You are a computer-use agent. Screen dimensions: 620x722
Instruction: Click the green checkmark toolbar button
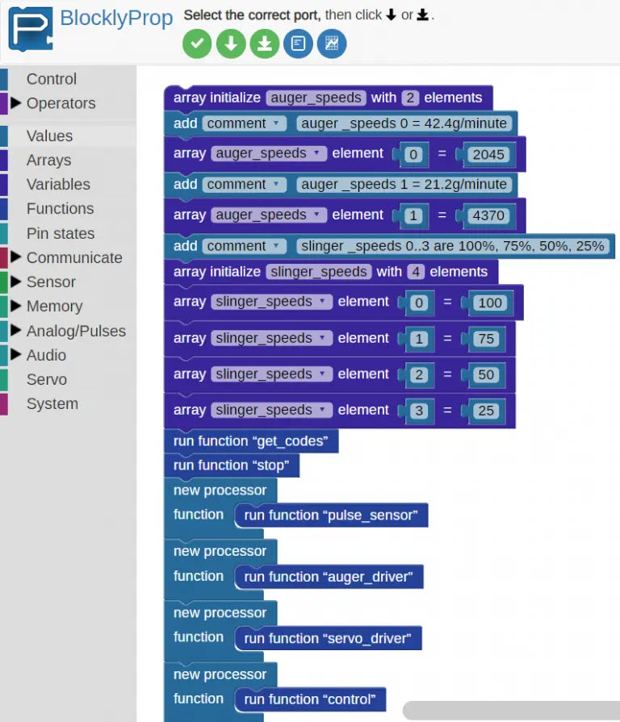tap(197, 44)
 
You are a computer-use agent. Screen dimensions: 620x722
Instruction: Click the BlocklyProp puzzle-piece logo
tap(31, 28)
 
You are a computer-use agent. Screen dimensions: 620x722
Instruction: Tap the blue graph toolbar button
tap(332, 44)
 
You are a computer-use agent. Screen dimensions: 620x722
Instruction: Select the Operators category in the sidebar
tap(61, 103)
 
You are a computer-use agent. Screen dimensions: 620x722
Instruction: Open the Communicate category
tap(74, 257)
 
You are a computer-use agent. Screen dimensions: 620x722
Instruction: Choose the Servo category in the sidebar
tap(47, 379)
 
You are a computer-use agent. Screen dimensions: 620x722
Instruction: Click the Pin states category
tap(61, 233)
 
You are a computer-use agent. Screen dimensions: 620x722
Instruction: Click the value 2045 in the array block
tap(488, 154)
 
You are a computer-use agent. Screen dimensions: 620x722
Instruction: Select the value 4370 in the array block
tap(488, 215)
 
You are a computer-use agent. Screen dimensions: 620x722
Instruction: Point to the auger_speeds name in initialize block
tap(316, 98)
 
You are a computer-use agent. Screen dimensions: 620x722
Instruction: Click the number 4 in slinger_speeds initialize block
tap(416, 272)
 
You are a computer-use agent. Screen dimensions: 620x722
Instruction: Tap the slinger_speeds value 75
tap(486, 339)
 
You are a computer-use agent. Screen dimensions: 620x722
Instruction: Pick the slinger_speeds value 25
tap(486, 411)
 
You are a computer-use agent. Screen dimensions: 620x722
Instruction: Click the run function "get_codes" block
tap(251, 441)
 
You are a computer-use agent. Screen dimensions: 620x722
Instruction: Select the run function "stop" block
tap(232, 465)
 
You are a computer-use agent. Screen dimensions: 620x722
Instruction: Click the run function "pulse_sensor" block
tap(331, 515)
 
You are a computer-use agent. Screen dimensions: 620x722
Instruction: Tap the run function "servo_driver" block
tap(328, 638)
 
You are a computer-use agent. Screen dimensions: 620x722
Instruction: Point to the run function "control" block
tap(310, 699)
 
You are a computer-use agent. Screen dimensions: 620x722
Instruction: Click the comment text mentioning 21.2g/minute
tap(404, 184)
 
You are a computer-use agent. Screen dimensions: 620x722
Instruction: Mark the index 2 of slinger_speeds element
tap(419, 375)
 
